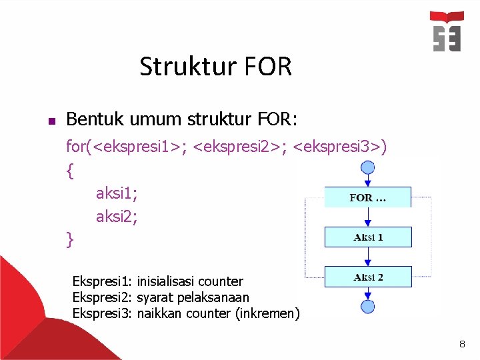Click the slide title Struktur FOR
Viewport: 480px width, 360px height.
[x=215, y=67]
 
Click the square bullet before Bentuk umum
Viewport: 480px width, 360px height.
[x=51, y=121]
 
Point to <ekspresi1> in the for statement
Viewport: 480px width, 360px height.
[x=138, y=146]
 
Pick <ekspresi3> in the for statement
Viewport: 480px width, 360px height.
[x=339, y=146]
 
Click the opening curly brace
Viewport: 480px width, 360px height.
[x=70, y=171]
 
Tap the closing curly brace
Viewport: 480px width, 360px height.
[x=70, y=239]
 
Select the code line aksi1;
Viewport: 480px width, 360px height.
[x=116, y=193]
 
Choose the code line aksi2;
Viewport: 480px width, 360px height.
[x=117, y=216]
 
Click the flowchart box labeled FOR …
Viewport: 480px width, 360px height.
[x=367, y=197]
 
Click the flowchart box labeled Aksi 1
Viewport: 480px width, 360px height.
[x=368, y=237]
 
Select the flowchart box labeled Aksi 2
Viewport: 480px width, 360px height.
[x=368, y=277]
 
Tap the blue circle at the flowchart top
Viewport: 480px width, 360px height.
[x=367, y=166]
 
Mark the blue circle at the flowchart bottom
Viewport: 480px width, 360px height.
[x=367, y=307]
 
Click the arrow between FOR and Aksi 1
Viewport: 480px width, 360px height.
[x=367, y=217]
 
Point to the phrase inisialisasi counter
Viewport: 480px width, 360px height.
[x=190, y=281]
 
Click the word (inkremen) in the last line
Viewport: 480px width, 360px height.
[x=268, y=313]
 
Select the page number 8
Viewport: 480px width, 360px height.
[x=461, y=345]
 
